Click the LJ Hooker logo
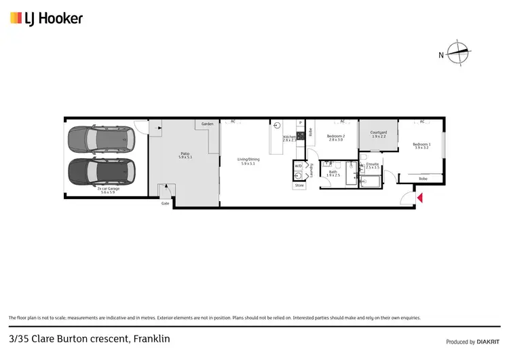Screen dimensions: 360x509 pos(46,18)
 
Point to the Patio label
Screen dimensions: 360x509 pos(185,155)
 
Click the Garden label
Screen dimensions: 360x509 pos(207,124)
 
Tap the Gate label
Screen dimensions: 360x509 pos(165,203)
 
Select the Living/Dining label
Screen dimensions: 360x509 pos(248,161)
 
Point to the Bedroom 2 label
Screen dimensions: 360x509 pos(335,137)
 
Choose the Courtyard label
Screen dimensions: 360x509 pos(379,134)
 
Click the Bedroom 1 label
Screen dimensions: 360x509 pos(421,145)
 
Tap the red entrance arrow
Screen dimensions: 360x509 pos(420,198)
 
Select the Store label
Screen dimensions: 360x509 pos(299,185)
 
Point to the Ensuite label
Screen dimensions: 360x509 pos(373,165)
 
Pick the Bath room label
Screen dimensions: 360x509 pos(333,173)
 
